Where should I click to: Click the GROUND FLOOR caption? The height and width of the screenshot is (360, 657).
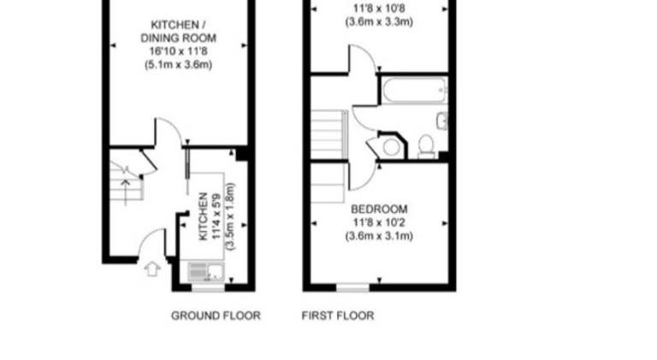tap(216, 316)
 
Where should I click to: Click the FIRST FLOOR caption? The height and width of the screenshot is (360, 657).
tap(338, 316)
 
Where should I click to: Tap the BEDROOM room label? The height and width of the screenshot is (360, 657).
tap(379, 209)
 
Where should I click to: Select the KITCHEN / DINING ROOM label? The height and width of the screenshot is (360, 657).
tap(178, 32)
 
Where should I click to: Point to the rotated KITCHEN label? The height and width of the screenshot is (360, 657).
tap(204, 216)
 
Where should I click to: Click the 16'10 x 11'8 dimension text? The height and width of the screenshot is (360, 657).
tap(178, 51)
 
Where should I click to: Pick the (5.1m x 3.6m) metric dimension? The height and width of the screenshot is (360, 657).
tap(178, 65)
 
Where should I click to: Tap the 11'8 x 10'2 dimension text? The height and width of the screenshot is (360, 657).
tap(379, 222)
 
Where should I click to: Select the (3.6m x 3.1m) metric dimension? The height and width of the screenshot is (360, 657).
tap(379, 236)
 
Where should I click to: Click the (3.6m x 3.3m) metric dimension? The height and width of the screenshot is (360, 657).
tap(379, 21)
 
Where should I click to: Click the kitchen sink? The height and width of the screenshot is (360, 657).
tap(205, 272)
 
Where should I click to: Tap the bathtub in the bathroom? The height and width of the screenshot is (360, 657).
tap(414, 90)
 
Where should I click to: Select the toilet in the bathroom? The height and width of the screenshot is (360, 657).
tap(426, 146)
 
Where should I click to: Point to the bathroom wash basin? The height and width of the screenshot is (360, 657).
tap(442, 121)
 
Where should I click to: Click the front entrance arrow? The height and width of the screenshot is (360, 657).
tap(152, 269)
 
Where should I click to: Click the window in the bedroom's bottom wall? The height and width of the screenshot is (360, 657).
tap(352, 287)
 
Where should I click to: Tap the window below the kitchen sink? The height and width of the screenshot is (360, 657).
tap(208, 287)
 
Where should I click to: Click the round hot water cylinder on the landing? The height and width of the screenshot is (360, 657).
tap(391, 147)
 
